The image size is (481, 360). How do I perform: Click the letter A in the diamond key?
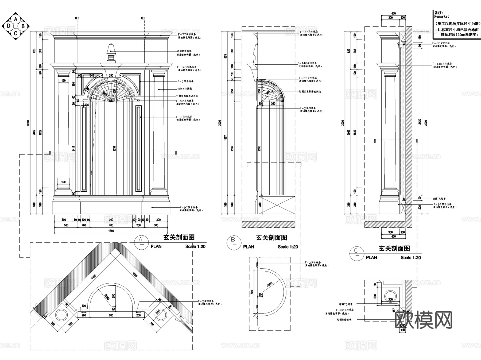pyautogui.click(x=16, y=19)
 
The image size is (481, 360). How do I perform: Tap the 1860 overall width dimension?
pyautogui.click(x=111, y=231)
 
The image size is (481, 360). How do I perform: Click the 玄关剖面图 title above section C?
pyautogui.click(x=394, y=248)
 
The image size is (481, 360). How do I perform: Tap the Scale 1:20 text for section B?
pyautogui.click(x=288, y=247)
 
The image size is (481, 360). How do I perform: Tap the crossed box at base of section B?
pyautogui.click(x=278, y=205)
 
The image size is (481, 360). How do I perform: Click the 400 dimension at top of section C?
pyautogui.click(x=393, y=13)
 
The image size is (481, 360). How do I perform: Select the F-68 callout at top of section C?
pyautogui.click(x=441, y=43)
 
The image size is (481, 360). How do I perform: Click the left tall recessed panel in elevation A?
pyautogui.click(x=85, y=149)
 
